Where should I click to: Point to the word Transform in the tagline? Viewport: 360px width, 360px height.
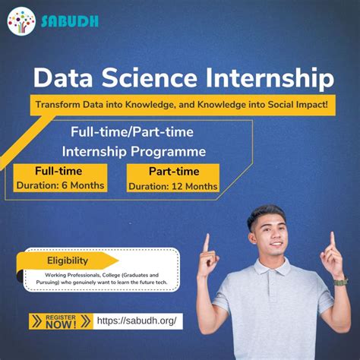(61, 104)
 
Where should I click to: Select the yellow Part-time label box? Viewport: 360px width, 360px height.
(174, 172)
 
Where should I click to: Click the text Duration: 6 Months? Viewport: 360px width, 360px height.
(59, 185)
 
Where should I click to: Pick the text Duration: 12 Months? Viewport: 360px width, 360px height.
(173, 186)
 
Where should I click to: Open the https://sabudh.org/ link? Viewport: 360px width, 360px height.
(139, 321)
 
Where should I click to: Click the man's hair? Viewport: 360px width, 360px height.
(265, 215)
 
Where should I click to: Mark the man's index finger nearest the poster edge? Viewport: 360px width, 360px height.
(332, 241)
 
